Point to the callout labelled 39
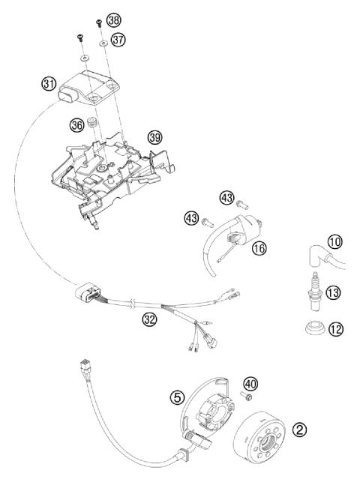(154, 137)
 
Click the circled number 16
(259, 248)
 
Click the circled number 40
(250, 384)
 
